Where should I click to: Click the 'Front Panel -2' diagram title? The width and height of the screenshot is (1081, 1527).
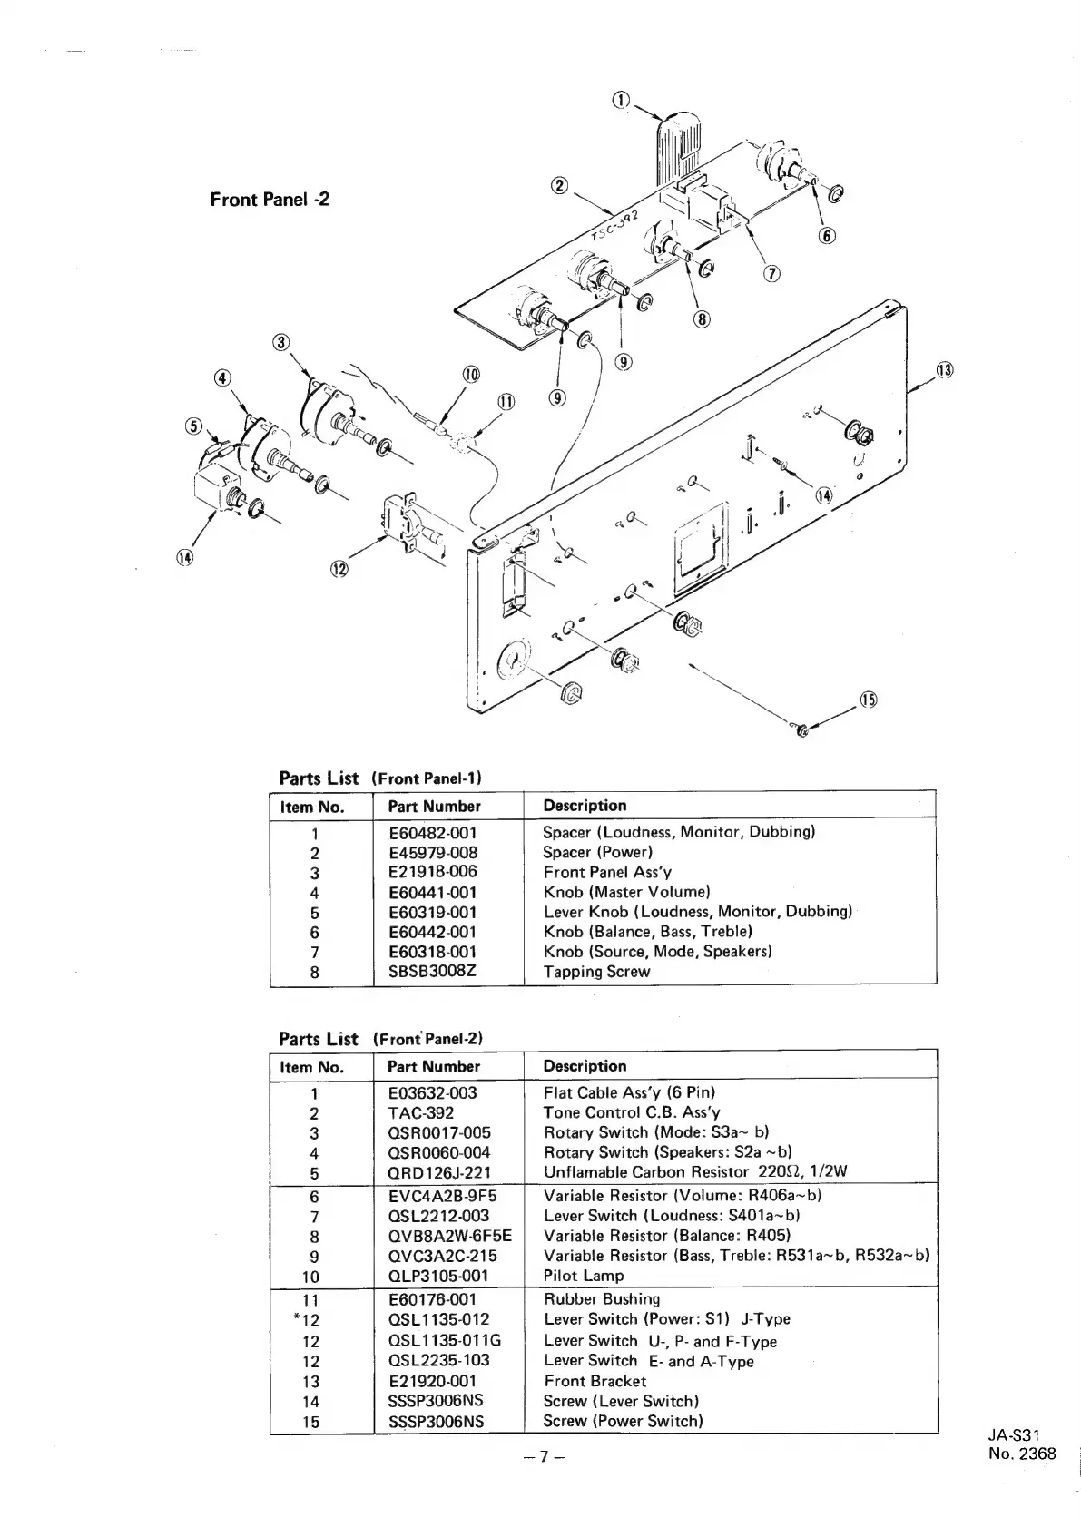(270, 200)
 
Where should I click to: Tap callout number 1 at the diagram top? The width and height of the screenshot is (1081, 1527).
(621, 101)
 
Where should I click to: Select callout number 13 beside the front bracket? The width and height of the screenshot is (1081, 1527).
(945, 370)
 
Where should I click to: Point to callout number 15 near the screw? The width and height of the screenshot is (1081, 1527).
(869, 700)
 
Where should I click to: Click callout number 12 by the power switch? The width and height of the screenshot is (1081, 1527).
(339, 569)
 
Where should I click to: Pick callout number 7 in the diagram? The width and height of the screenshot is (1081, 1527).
(771, 274)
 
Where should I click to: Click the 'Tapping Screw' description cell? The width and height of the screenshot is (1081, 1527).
(596, 972)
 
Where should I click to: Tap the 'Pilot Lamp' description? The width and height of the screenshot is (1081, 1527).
(584, 1276)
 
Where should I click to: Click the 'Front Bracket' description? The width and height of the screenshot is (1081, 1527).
(595, 1381)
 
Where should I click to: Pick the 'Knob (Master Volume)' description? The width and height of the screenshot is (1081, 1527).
(626, 892)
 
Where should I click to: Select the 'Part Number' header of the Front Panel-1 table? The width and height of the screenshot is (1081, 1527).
(434, 806)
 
